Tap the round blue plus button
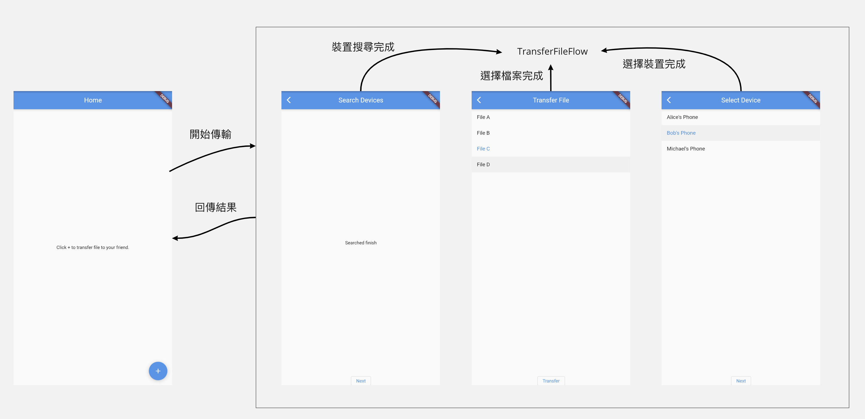(x=158, y=371)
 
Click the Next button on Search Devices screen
(x=361, y=381)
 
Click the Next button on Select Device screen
(x=741, y=381)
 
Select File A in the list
(x=483, y=117)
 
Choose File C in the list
(x=483, y=149)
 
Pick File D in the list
(x=483, y=164)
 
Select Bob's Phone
(x=681, y=133)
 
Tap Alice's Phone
(x=682, y=117)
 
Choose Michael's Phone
(x=686, y=149)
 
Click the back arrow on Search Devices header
(x=289, y=100)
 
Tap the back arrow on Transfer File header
(x=479, y=100)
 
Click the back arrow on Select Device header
(x=669, y=100)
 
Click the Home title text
(x=93, y=100)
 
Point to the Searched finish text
(x=361, y=243)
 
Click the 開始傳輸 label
(x=211, y=134)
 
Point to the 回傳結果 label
(x=216, y=207)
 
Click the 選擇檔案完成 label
(x=512, y=76)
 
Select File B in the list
(x=483, y=133)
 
